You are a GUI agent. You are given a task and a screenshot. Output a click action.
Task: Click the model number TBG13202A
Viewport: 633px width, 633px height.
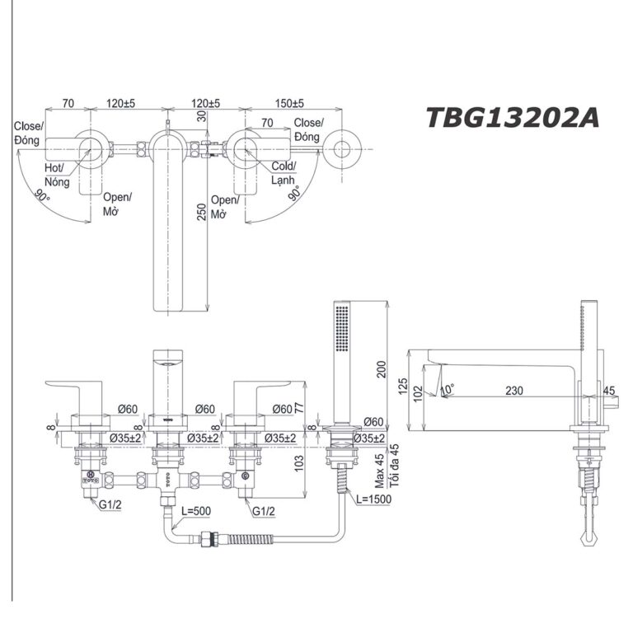point(512,118)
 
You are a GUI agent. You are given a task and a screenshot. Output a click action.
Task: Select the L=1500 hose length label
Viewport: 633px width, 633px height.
point(377,500)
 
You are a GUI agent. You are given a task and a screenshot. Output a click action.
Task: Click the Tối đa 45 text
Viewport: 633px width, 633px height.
point(394,465)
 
